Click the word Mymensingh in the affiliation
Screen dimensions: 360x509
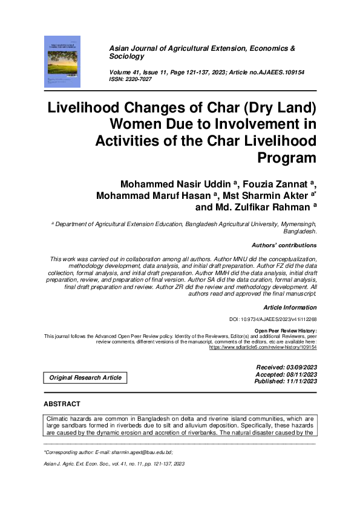click(x=295, y=224)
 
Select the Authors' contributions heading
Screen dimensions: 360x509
click(x=284, y=245)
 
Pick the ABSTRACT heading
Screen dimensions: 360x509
click(x=62, y=403)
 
